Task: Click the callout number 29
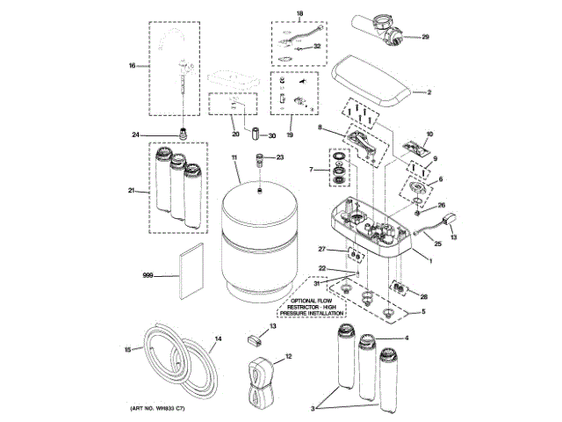coord(426,37)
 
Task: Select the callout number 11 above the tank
coord(234,157)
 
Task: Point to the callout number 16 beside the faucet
coord(133,65)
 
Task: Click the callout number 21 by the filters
coord(133,190)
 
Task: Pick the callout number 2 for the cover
coord(429,91)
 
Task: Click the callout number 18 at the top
coord(298,14)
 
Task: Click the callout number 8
coord(321,129)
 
